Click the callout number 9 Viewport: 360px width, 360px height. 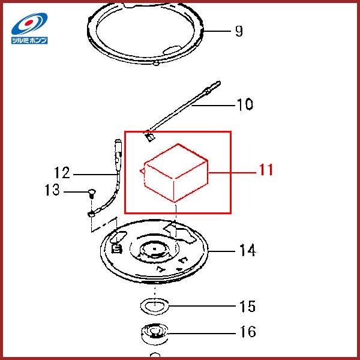(239, 31)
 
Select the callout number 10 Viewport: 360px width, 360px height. (245, 104)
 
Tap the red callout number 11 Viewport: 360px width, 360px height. (266, 170)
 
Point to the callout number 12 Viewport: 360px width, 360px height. (62, 172)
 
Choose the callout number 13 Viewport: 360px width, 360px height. (52, 190)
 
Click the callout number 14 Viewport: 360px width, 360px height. (247, 250)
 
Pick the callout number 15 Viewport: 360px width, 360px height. (247, 306)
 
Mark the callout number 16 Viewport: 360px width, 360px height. (248, 332)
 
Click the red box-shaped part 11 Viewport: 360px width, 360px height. (176, 173)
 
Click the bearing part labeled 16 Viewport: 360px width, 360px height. (155, 334)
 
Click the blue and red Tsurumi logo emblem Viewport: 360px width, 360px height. (29, 23)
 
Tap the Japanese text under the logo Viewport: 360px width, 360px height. (29, 40)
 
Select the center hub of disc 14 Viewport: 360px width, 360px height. (155, 250)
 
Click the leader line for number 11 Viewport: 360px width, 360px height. (232, 172)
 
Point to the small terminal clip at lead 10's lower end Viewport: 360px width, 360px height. (150, 137)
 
